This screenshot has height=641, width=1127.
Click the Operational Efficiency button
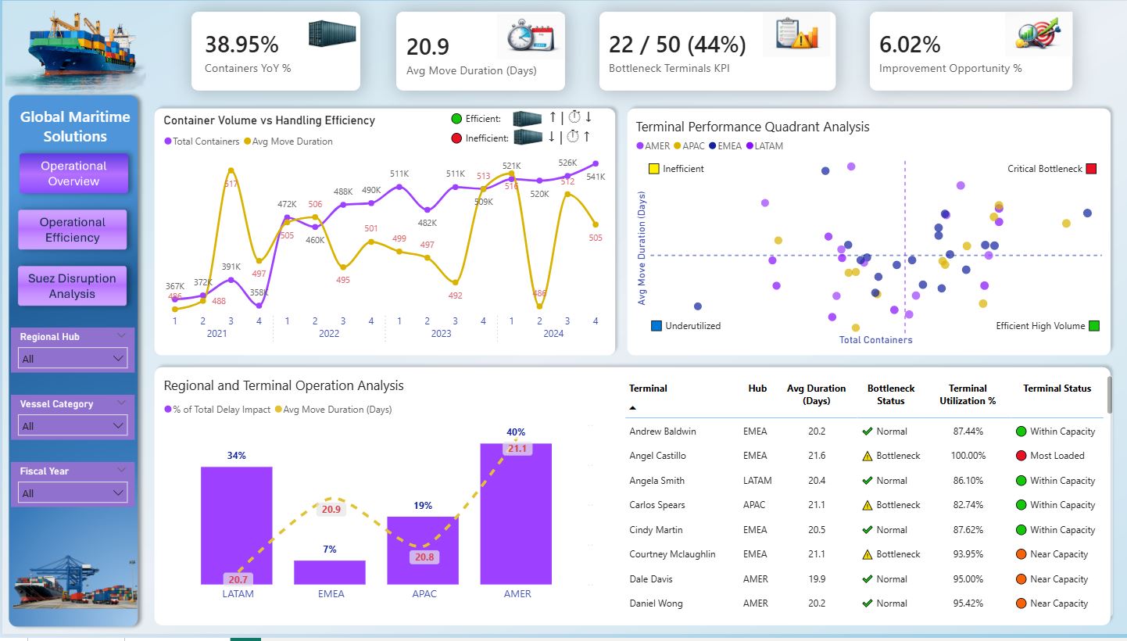point(73,230)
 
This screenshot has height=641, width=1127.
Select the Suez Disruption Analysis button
point(72,286)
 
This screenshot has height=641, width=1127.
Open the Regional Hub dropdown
point(73,359)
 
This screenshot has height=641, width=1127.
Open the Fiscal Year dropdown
point(73,493)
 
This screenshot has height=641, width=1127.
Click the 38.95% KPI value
point(241,44)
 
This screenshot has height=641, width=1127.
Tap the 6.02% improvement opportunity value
point(910,44)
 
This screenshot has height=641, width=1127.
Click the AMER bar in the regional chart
point(516,516)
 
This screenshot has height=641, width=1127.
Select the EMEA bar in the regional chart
point(329,572)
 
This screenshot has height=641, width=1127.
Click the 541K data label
point(596,177)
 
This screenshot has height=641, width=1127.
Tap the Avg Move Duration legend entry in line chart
point(288,141)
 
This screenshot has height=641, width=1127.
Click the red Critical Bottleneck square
point(1091,169)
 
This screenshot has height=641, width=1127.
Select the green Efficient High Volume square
point(1094,326)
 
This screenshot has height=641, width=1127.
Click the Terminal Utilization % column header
point(968,395)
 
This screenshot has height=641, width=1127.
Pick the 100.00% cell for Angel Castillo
point(968,456)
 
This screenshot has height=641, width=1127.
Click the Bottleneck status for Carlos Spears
point(897,505)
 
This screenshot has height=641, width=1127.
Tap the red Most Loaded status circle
point(1021,456)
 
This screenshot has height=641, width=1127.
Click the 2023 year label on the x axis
point(441,334)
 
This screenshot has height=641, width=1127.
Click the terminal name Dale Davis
point(651,579)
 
